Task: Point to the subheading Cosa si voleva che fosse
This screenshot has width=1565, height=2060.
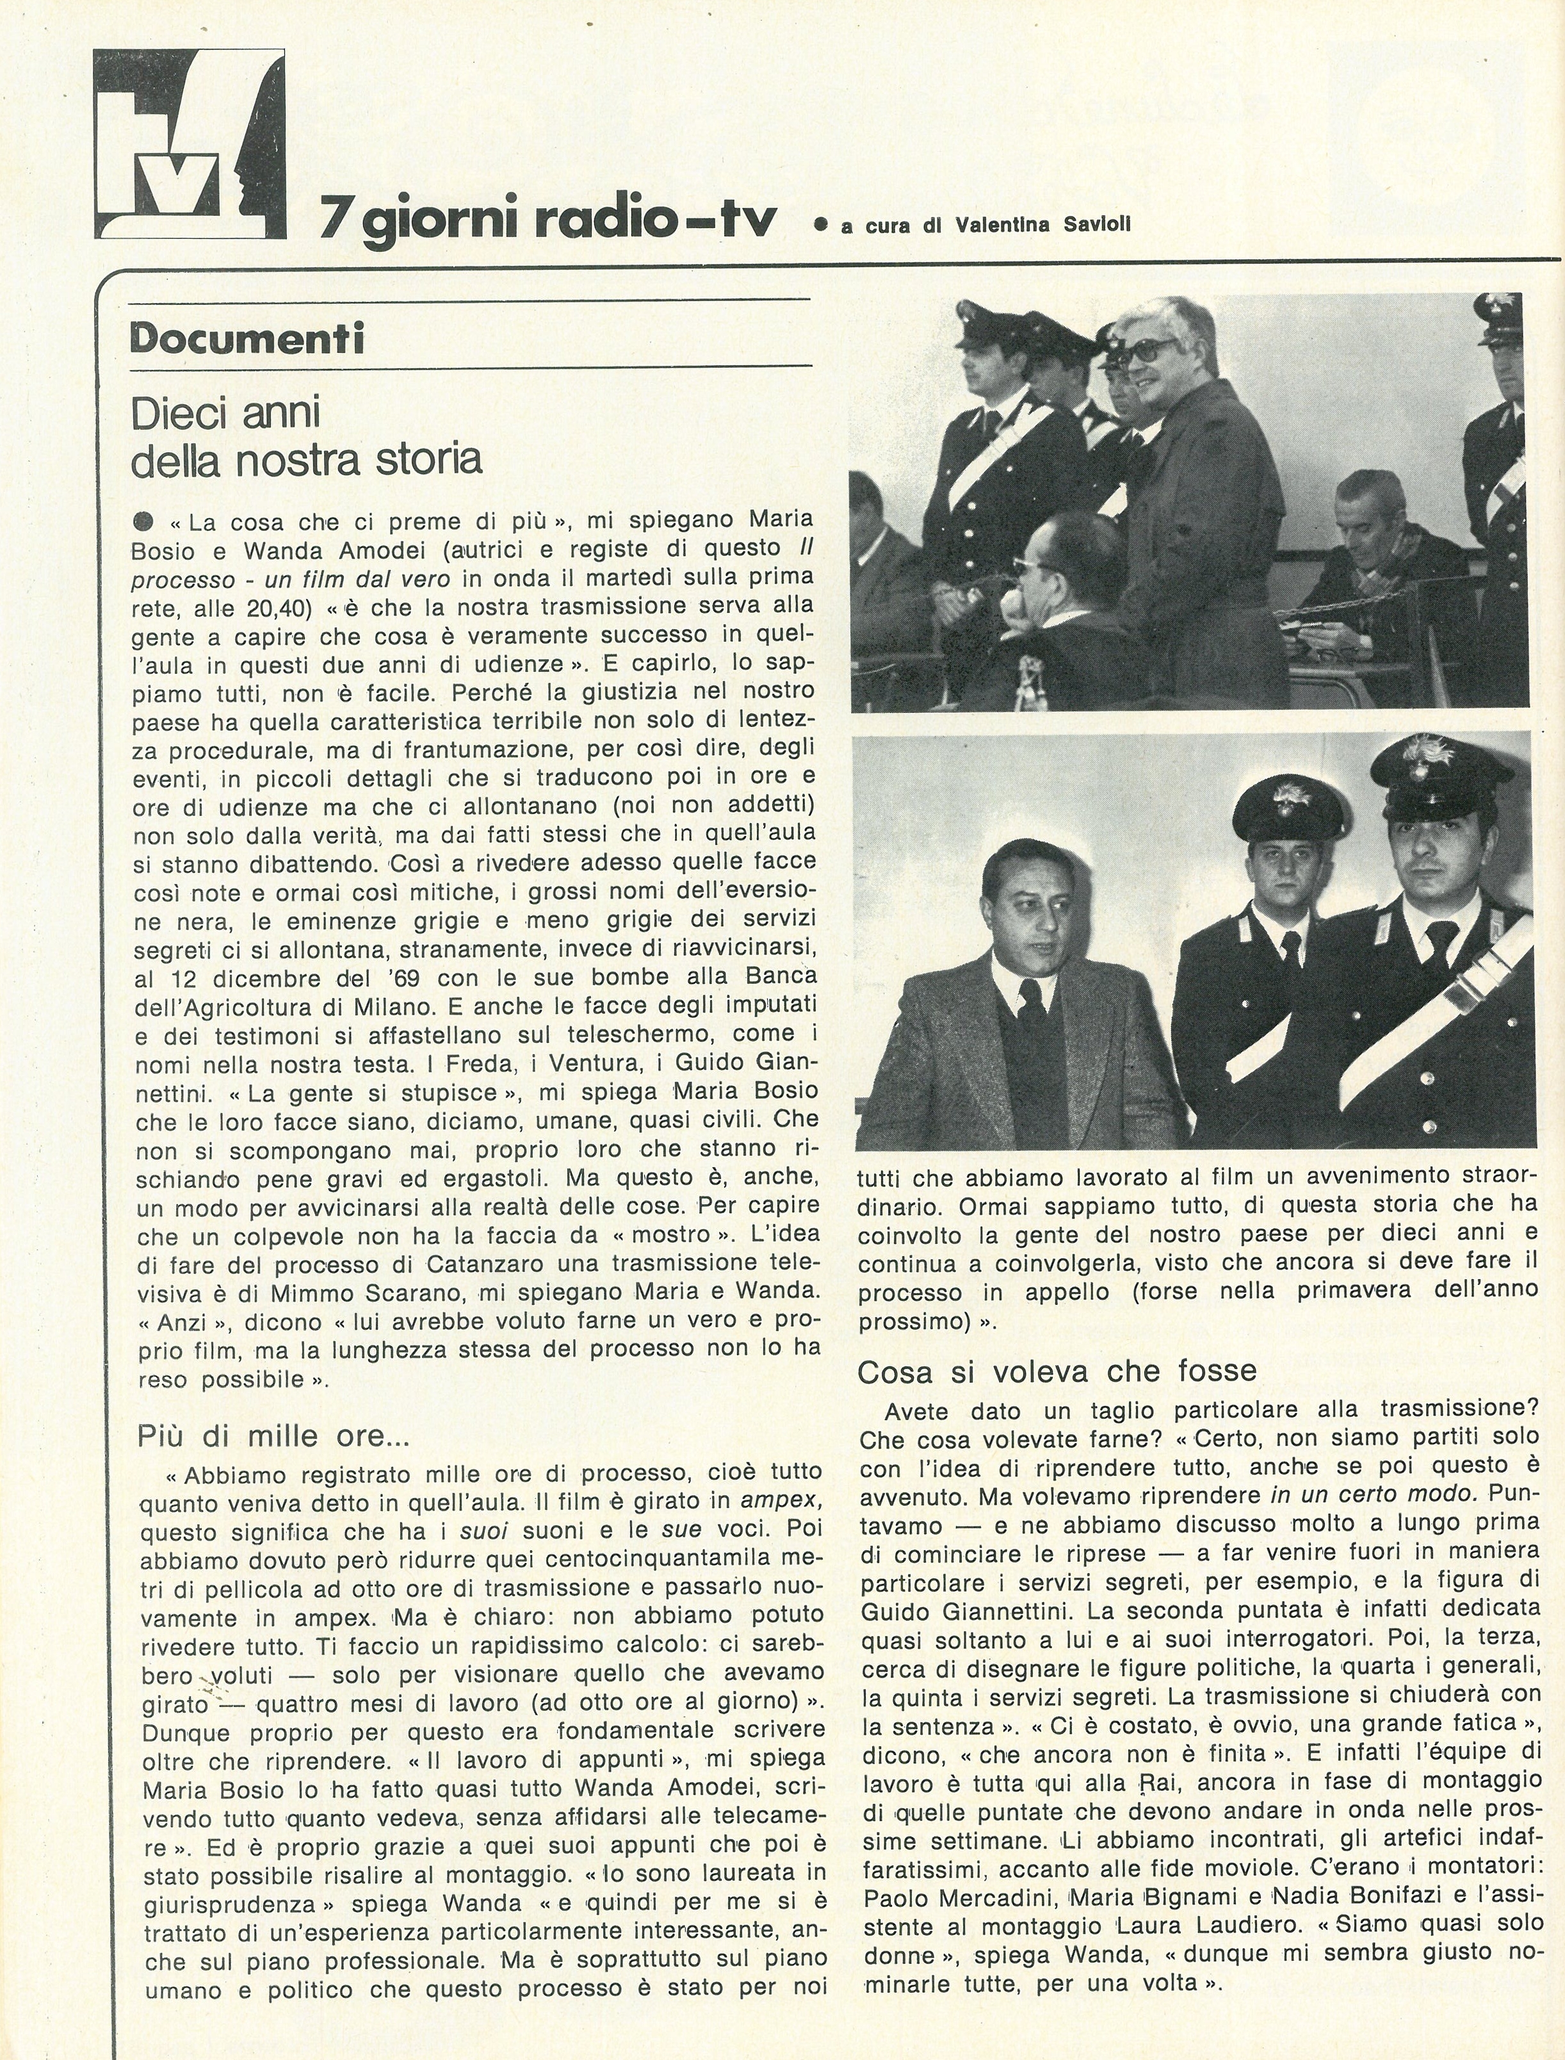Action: [x=1057, y=1371]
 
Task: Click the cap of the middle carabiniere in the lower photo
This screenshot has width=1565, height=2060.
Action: [x=1287, y=790]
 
